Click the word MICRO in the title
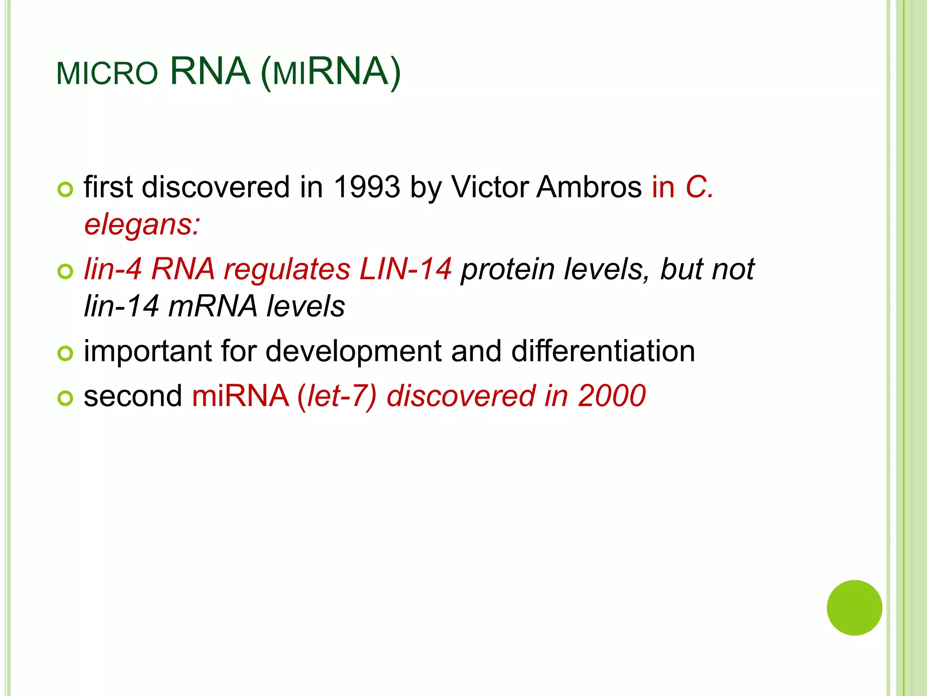pyautogui.click(x=107, y=73)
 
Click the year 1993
pyautogui.click(x=367, y=187)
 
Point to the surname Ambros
pyautogui.click(x=589, y=187)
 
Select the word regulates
pyautogui.click(x=287, y=269)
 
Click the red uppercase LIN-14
pyautogui.click(x=405, y=269)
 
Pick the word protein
pyautogui.click(x=507, y=269)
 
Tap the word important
pyautogui.click(x=148, y=352)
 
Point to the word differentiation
pyautogui.click(x=603, y=352)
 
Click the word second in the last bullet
pyautogui.click(x=133, y=396)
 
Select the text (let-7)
pyautogui.click(x=337, y=396)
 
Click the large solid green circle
pyautogui.click(x=854, y=608)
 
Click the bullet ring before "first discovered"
pyautogui.click(x=66, y=190)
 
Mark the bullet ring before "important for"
pyautogui.click(x=66, y=353)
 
